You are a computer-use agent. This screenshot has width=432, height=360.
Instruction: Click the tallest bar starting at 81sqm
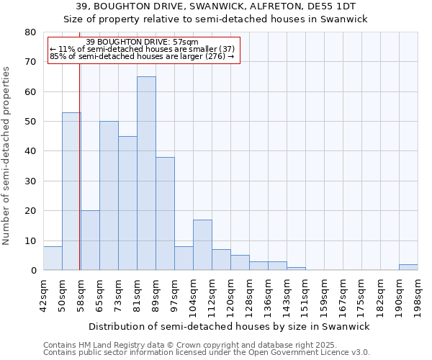click(146, 173)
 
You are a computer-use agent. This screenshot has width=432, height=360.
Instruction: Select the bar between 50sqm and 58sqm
click(71, 191)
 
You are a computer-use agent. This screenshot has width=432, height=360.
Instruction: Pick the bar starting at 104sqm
click(202, 245)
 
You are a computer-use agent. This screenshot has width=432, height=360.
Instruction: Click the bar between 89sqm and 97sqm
click(165, 213)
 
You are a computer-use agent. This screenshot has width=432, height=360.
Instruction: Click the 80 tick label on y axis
click(30, 32)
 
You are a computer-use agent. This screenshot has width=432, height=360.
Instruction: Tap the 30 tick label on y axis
click(30, 181)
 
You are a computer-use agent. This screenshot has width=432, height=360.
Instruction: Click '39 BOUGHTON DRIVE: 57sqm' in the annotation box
click(142, 42)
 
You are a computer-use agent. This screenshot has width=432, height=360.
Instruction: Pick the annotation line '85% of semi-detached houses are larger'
click(142, 56)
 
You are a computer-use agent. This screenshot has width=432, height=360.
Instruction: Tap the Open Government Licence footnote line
click(207, 353)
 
